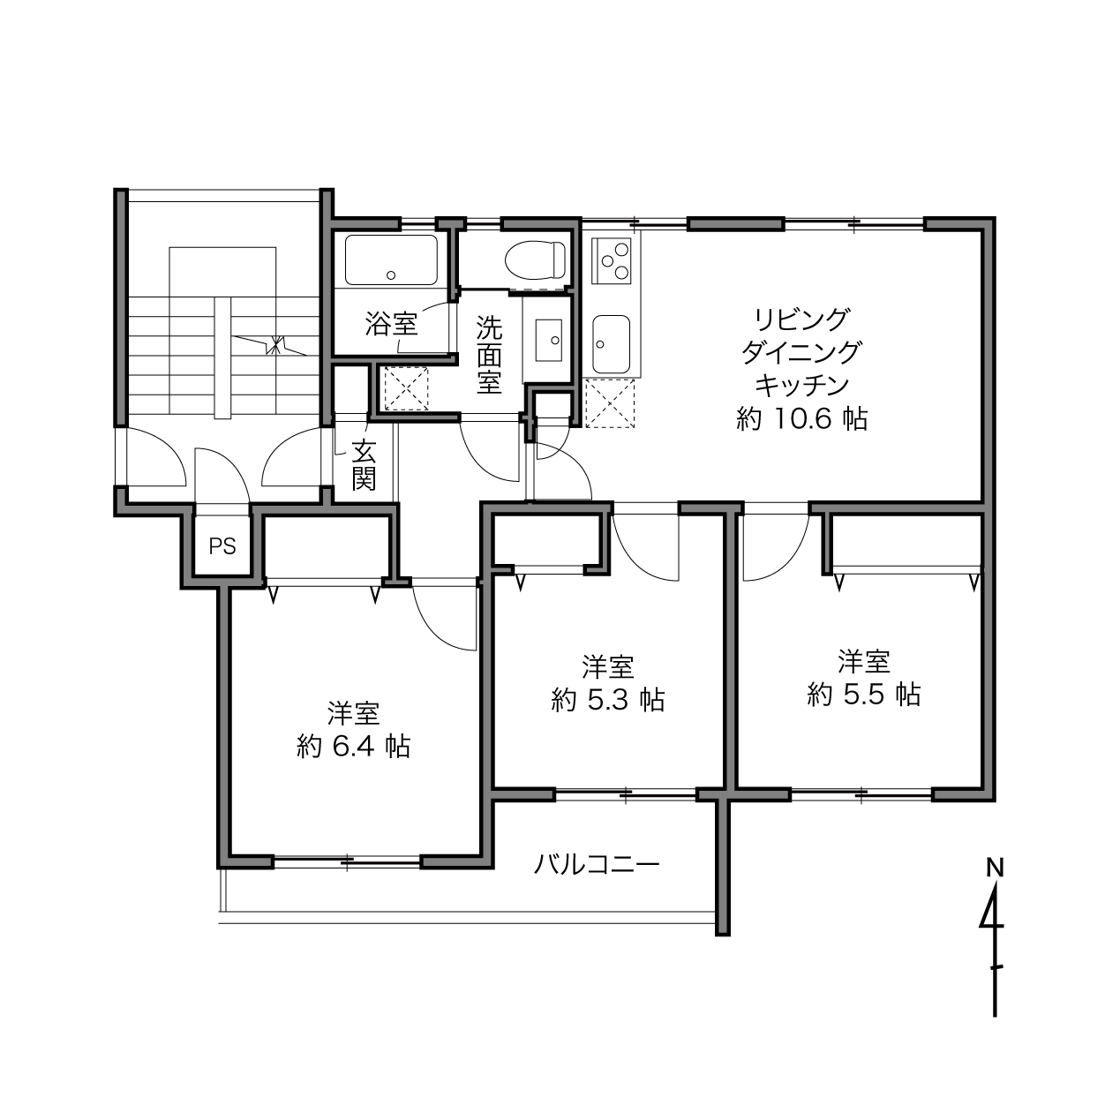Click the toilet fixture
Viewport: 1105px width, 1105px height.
[535, 259]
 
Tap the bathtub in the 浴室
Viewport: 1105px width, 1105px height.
[391, 259]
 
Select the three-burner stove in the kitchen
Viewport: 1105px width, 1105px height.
[612, 260]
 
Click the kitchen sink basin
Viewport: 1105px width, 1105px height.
[612, 343]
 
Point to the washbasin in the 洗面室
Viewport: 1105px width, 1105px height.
[548, 340]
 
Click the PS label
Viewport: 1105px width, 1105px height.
[222, 546]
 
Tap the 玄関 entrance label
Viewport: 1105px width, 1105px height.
[364, 464]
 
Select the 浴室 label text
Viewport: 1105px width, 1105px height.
[391, 325]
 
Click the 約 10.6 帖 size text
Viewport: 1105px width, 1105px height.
[801, 419]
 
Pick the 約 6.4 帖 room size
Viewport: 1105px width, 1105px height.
[353, 747]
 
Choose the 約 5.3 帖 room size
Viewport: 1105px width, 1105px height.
[608, 700]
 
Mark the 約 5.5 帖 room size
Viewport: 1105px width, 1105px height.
[863, 695]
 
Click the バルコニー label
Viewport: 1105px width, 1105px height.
[597, 863]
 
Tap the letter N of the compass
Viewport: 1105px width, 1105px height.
[995, 868]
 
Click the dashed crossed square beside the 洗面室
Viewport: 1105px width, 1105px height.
[406, 388]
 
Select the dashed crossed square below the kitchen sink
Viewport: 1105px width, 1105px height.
[610, 403]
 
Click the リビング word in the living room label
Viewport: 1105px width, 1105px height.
[801, 319]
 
